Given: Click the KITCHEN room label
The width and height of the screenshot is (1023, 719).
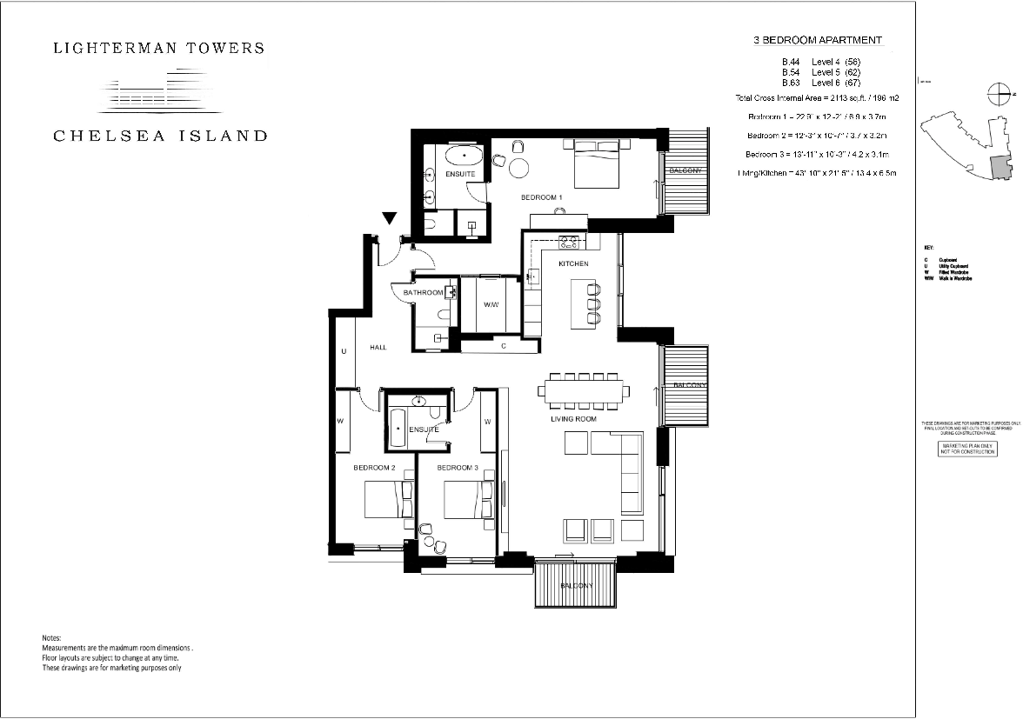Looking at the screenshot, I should point(573,263).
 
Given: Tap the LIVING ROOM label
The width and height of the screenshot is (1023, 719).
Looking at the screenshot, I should point(573,419).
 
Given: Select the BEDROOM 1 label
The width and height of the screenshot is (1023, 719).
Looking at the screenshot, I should point(541,197).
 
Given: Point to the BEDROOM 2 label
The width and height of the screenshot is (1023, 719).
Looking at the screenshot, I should point(374,468).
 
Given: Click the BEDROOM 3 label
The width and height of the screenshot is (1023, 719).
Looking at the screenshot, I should point(458,468).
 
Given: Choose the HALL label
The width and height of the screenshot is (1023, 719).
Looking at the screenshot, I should point(378,347).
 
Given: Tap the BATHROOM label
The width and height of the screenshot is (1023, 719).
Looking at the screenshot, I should point(423,293).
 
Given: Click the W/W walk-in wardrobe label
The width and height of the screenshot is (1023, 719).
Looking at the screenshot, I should point(491,304).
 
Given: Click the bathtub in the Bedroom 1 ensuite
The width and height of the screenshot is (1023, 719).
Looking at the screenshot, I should point(463,156).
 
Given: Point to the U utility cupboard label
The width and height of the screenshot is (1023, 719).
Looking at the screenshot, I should point(344,352).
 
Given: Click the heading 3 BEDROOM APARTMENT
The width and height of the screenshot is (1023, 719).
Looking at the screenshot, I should point(817,40).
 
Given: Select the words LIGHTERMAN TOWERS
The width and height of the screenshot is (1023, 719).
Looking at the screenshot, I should point(159,48).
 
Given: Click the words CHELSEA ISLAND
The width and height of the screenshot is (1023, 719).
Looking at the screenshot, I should point(160,136).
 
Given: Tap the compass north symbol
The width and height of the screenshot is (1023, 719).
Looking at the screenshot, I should point(1000,93).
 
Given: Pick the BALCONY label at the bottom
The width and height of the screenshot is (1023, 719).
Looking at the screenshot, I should point(576,585).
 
